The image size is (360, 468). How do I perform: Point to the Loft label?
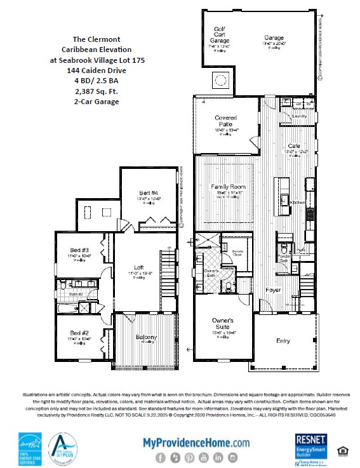(146, 267)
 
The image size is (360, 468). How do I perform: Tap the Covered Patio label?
(225, 121)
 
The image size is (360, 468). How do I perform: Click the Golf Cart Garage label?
(220, 35)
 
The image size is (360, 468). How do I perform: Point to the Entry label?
(283, 341)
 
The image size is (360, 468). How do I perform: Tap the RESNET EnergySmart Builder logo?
(312, 448)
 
